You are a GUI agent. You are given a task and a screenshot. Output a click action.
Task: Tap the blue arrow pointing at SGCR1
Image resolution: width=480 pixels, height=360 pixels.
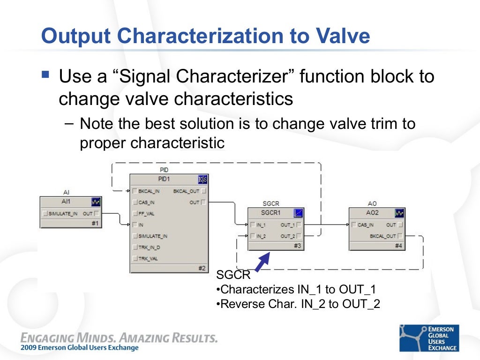pyautogui.click(x=262, y=262)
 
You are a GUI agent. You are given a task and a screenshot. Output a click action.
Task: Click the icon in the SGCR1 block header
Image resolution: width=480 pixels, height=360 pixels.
pyautogui.click(x=298, y=213)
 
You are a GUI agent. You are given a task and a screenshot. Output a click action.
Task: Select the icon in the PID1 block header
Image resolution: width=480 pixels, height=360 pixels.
pyautogui.click(x=203, y=180)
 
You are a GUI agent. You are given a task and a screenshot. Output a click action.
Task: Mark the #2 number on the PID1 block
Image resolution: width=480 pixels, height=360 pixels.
pyautogui.click(x=202, y=268)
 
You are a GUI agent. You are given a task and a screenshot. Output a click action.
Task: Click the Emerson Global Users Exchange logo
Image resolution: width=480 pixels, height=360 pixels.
pyautogui.click(x=429, y=338)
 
